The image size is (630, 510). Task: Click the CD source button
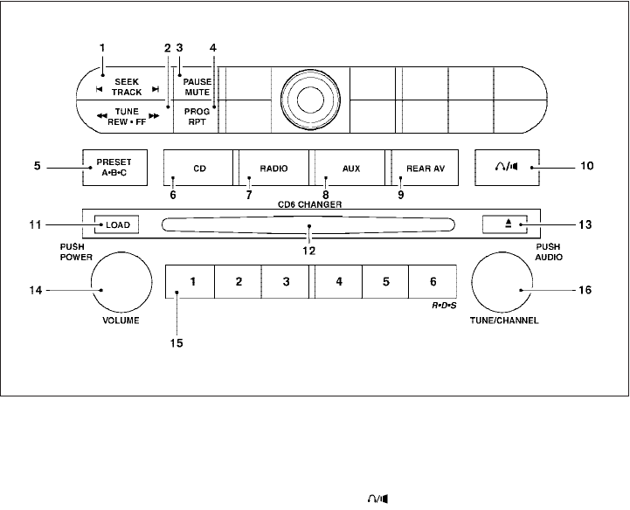pyautogui.click(x=198, y=168)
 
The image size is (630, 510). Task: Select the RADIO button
pyautogui.click(x=273, y=168)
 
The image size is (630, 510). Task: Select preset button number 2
pyautogui.click(x=239, y=282)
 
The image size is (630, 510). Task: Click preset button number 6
pyautogui.click(x=433, y=282)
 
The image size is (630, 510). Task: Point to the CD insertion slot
pyautogui.click(x=309, y=226)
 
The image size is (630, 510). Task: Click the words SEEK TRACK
pyautogui.click(x=128, y=85)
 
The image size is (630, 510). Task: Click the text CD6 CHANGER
pyautogui.click(x=310, y=203)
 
